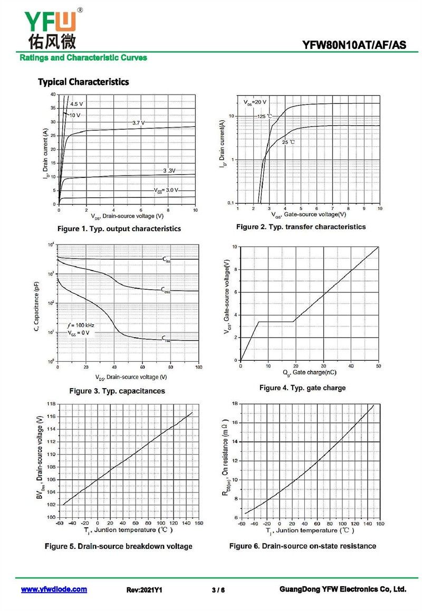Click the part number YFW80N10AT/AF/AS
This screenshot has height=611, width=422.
tap(354, 45)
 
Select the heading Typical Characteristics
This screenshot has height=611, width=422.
tap(83, 82)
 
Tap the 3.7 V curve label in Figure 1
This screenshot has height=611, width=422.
tap(138, 123)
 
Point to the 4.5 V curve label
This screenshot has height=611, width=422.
tap(76, 104)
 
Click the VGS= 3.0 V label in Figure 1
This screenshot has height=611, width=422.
tap(166, 190)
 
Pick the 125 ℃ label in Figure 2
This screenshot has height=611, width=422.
tap(265, 116)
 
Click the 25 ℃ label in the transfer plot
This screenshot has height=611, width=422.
tap(288, 142)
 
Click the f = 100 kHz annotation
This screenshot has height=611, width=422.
tap(80, 326)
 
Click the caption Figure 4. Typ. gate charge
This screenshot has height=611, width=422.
tap(302, 388)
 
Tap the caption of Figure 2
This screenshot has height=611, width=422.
tap(301, 227)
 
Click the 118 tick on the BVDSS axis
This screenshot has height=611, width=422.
tap(51, 404)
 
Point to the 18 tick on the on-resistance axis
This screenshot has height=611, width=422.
tap(235, 404)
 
